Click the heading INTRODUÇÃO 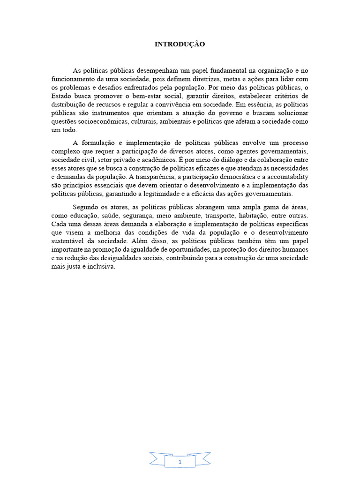pos(180,45)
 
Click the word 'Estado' pos(60,96)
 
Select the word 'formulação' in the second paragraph pos(107,142)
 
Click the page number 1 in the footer pos(180,462)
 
